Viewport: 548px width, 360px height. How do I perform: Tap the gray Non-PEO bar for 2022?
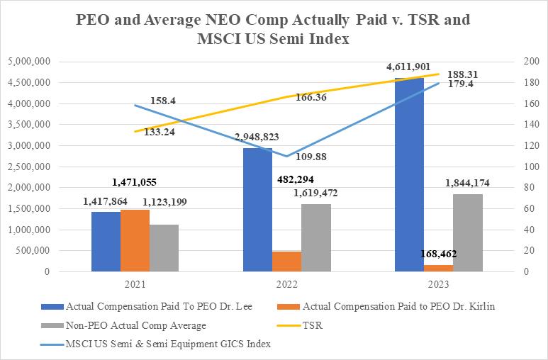click(315, 238)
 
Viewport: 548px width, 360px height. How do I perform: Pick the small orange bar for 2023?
click(437, 268)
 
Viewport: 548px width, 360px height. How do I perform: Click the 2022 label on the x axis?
click(286, 283)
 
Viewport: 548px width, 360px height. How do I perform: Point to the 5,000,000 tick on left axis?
click(28, 62)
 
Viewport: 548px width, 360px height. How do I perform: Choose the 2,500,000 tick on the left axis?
click(28, 167)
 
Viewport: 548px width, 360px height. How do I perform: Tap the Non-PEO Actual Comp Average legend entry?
click(135, 325)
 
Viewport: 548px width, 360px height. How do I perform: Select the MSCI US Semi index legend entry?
click(168, 344)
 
